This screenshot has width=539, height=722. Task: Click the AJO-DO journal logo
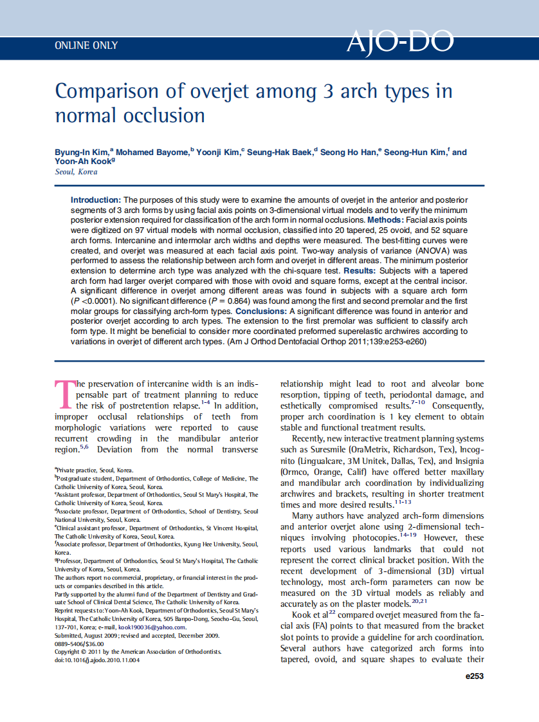pos(399,42)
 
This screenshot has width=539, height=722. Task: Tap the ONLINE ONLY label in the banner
pos(86,46)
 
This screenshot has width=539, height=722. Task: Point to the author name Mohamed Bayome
pos(152,153)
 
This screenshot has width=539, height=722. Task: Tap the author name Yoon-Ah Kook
pos(83,162)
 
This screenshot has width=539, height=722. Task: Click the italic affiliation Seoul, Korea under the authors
pos(76,172)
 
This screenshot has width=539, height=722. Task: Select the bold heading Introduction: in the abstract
pos(96,201)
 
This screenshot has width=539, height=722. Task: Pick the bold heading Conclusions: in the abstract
pos(261,311)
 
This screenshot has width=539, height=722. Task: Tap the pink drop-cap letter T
pos(64,394)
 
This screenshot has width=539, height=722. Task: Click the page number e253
pos(473,676)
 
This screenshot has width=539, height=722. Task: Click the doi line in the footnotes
pos(97,660)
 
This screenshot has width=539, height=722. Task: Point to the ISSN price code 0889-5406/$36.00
pos(79,643)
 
